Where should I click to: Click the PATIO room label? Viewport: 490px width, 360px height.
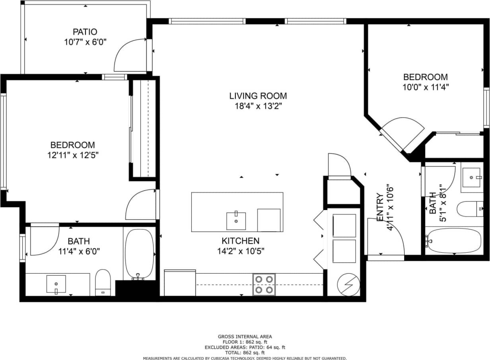coord(85,32)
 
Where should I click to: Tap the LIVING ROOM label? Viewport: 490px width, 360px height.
coord(258,96)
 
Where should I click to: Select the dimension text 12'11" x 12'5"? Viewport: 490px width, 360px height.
coord(72,155)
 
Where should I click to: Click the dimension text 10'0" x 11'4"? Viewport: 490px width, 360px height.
coord(425,87)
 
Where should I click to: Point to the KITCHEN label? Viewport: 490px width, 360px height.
coord(240,241)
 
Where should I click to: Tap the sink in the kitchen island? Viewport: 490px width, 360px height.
coord(236,221)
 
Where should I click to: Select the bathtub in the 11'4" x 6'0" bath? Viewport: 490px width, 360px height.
coord(139,254)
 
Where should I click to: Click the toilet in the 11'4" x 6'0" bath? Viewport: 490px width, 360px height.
coord(103,282)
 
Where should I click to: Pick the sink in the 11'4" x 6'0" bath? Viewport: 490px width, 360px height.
coord(56,284)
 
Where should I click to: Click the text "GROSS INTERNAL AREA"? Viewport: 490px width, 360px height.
coord(245,337)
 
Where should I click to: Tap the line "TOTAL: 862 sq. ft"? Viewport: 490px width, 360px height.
coord(245,352)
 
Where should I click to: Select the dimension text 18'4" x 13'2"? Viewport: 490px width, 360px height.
coord(258,106)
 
